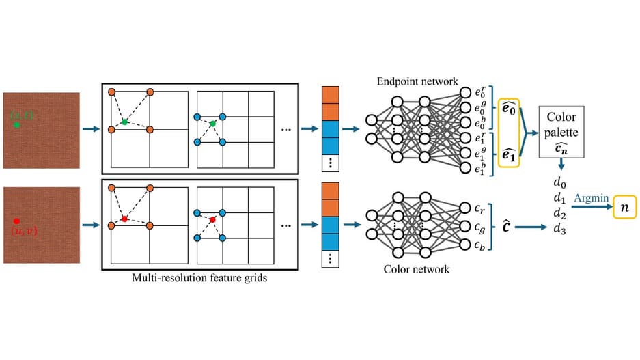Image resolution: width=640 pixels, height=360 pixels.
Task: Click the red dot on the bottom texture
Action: coord(16,221)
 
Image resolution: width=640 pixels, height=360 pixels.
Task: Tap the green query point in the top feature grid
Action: coord(124,122)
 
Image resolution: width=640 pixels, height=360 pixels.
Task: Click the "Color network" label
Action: coord(417,269)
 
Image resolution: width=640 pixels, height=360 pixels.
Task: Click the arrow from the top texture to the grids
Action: coord(89,128)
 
